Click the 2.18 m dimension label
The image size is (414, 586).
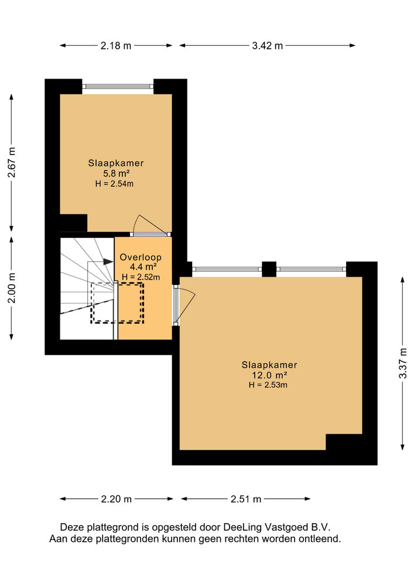116,46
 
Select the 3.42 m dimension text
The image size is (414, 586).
267,46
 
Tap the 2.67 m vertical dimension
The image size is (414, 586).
12,162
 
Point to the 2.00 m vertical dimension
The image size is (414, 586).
12,288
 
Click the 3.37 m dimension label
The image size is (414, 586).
403,363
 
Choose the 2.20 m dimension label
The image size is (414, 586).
116,499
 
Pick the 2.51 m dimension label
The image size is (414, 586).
245,499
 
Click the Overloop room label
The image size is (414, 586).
141,257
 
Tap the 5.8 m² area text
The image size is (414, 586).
116,173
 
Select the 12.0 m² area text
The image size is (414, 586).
269,375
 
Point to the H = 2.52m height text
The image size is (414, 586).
141,277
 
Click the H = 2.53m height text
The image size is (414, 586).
268,385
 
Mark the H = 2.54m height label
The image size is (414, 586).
114,183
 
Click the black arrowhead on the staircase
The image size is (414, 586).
108,261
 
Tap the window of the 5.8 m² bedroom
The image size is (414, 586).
118,86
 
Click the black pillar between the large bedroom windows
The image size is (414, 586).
269,269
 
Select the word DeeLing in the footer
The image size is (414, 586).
242,527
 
